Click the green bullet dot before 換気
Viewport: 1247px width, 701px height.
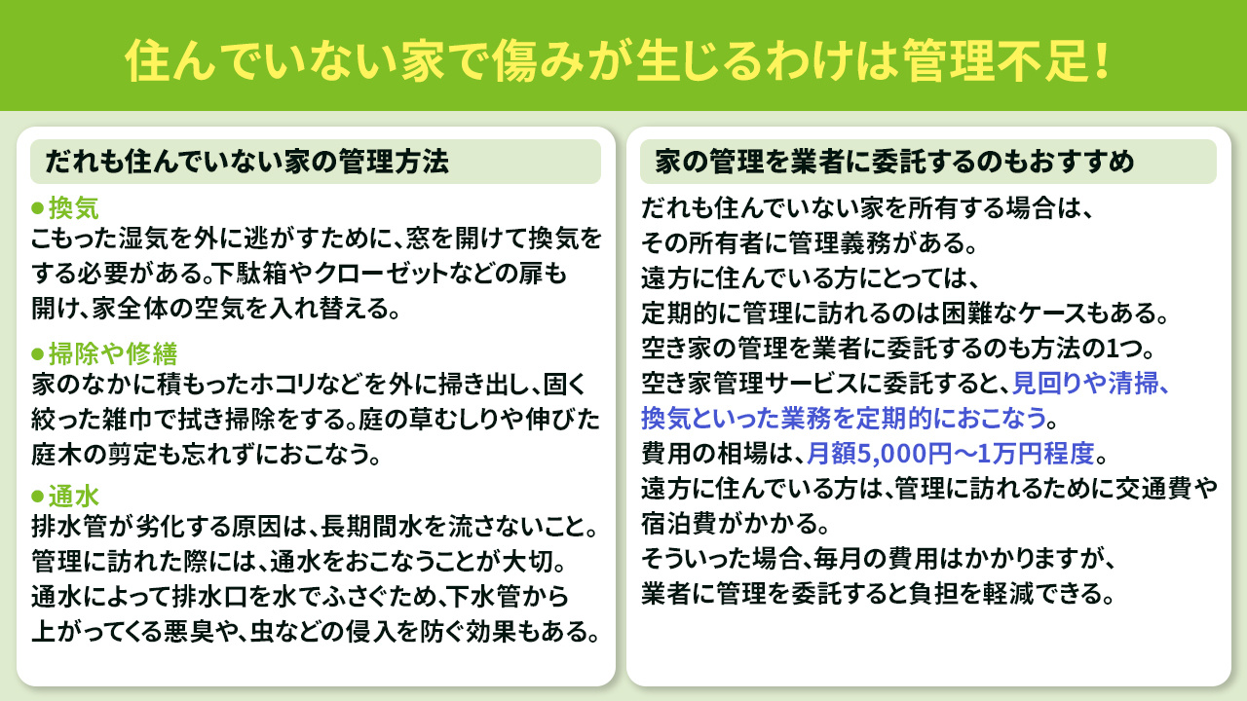(38, 207)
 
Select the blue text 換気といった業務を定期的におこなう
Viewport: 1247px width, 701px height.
(843, 419)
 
